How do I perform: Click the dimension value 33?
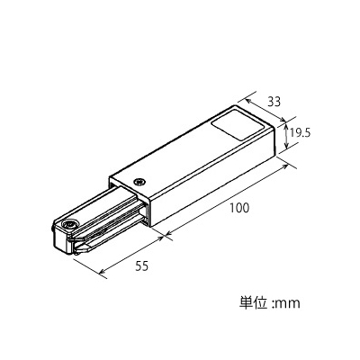click(x=274, y=102)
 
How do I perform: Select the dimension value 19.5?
click(x=300, y=132)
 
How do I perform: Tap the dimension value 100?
click(x=239, y=208)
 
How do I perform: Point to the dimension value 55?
click(x=141, y=265)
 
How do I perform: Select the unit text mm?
click(x=288, y=304)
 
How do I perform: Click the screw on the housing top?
click(x=139, y=182)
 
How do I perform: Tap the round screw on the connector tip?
click(x=70, y=225)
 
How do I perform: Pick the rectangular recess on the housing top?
click(x=237, y=125)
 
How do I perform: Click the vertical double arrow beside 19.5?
click(x=286, y=137)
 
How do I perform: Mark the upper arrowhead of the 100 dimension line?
click(x=285, y=166)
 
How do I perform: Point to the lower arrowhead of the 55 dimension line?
click(x=102, y=272)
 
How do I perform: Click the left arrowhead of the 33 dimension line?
click(x=248, y=101)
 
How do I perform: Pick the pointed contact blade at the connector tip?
click(x=84, y=248)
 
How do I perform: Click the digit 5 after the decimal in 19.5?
click(x=307, y=132)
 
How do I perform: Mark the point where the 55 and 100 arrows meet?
click(x=165, y=237)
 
